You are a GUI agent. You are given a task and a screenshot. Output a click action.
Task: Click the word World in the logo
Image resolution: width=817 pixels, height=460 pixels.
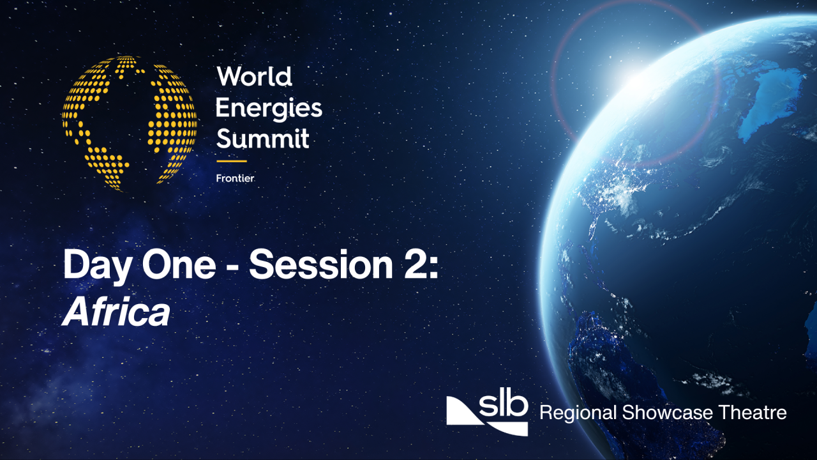pyautogui.click(x=254, y=77)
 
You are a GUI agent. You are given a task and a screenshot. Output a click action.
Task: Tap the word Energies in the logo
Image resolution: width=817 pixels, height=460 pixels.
pyautogui.click(x=268, y=108)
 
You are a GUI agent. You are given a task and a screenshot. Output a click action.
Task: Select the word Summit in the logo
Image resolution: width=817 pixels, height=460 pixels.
pyautogui.click(x=262, y=138)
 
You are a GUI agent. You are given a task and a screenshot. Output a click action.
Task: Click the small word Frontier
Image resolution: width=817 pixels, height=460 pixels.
pyautogui.click(x=235, y=178)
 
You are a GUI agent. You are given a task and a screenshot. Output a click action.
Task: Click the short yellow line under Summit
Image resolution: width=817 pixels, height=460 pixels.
pyautogui.click(x=231, y=161)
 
